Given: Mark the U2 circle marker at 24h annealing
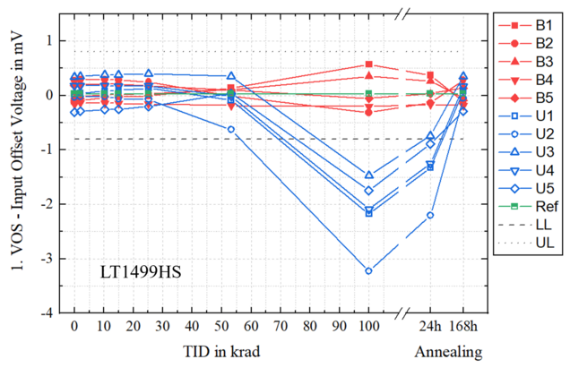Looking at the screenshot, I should coord(430,215).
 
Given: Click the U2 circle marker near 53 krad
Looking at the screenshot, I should coord(231,129).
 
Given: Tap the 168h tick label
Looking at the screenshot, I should coord(464,323).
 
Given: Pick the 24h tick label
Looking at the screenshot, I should coord(430,323).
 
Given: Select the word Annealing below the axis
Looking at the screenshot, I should coord(447,349).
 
